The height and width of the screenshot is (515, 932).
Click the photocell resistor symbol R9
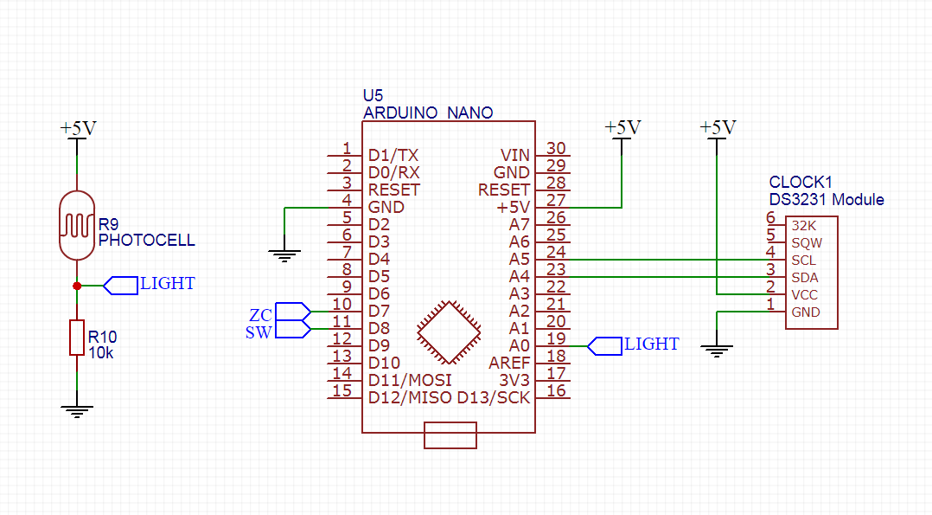pyautogui.click(x=77, y=226)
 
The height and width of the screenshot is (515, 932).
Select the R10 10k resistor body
pyautogui.click(x=77, y=337)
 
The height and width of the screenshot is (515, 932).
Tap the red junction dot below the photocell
pyautogui.click(x=77, y=285)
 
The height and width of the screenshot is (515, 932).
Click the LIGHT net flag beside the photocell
pyautogui.click(x=122, y=285)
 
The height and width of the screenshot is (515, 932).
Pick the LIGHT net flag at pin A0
pyautogui.click(x=605, y=345)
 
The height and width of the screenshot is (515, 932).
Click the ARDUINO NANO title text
pyautogui.click(x=428, y=113)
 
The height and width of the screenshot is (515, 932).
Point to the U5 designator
pyautogui.click(x=373, y=96)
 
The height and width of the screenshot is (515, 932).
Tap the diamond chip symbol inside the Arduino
pyautogui.click(x=448, y=332)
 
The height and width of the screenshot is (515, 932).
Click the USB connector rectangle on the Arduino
pyautogui.click(x=450, y=435)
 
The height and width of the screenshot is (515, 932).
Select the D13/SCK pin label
pyautogui.click(x=493, y=397)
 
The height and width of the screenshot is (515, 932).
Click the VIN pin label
pyautogui.click(x=514, y=155)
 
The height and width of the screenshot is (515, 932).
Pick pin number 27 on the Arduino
pyautogui.click(x=556, y=201)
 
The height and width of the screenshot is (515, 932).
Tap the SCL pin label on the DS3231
pyautogui.click(x=803, y=260)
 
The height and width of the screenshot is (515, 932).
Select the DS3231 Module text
pyautogui.click(x=827, y=200)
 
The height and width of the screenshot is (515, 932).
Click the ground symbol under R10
pyautogui.click(x=77, y=411)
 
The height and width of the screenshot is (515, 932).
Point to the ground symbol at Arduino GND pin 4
pyautogui.click(x=284, y=254)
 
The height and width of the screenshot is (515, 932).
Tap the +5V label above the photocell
pyautogui.click(x=78, y=128)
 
